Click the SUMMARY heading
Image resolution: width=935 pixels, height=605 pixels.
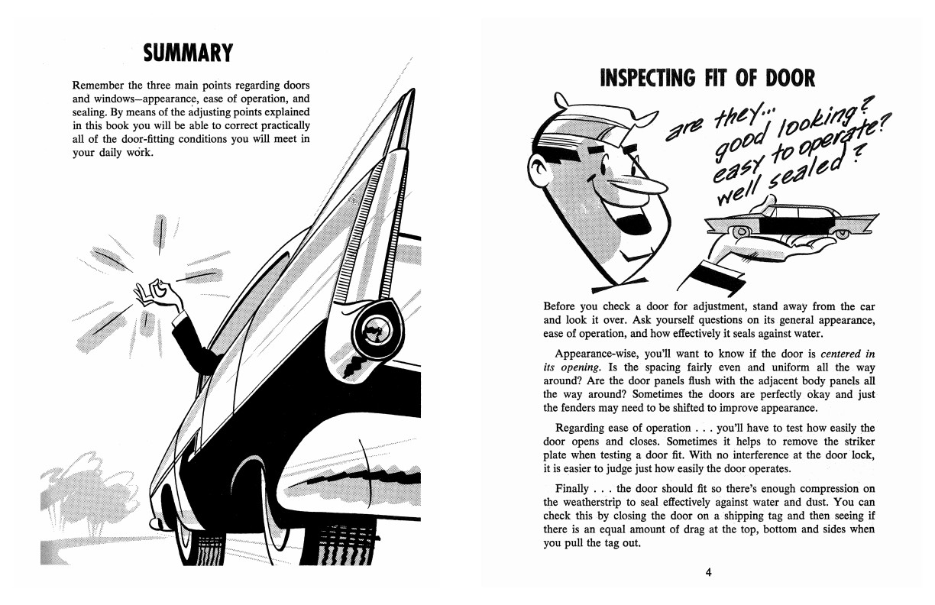pos(188,53)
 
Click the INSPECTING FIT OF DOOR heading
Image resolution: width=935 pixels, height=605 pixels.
pos(707,78)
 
